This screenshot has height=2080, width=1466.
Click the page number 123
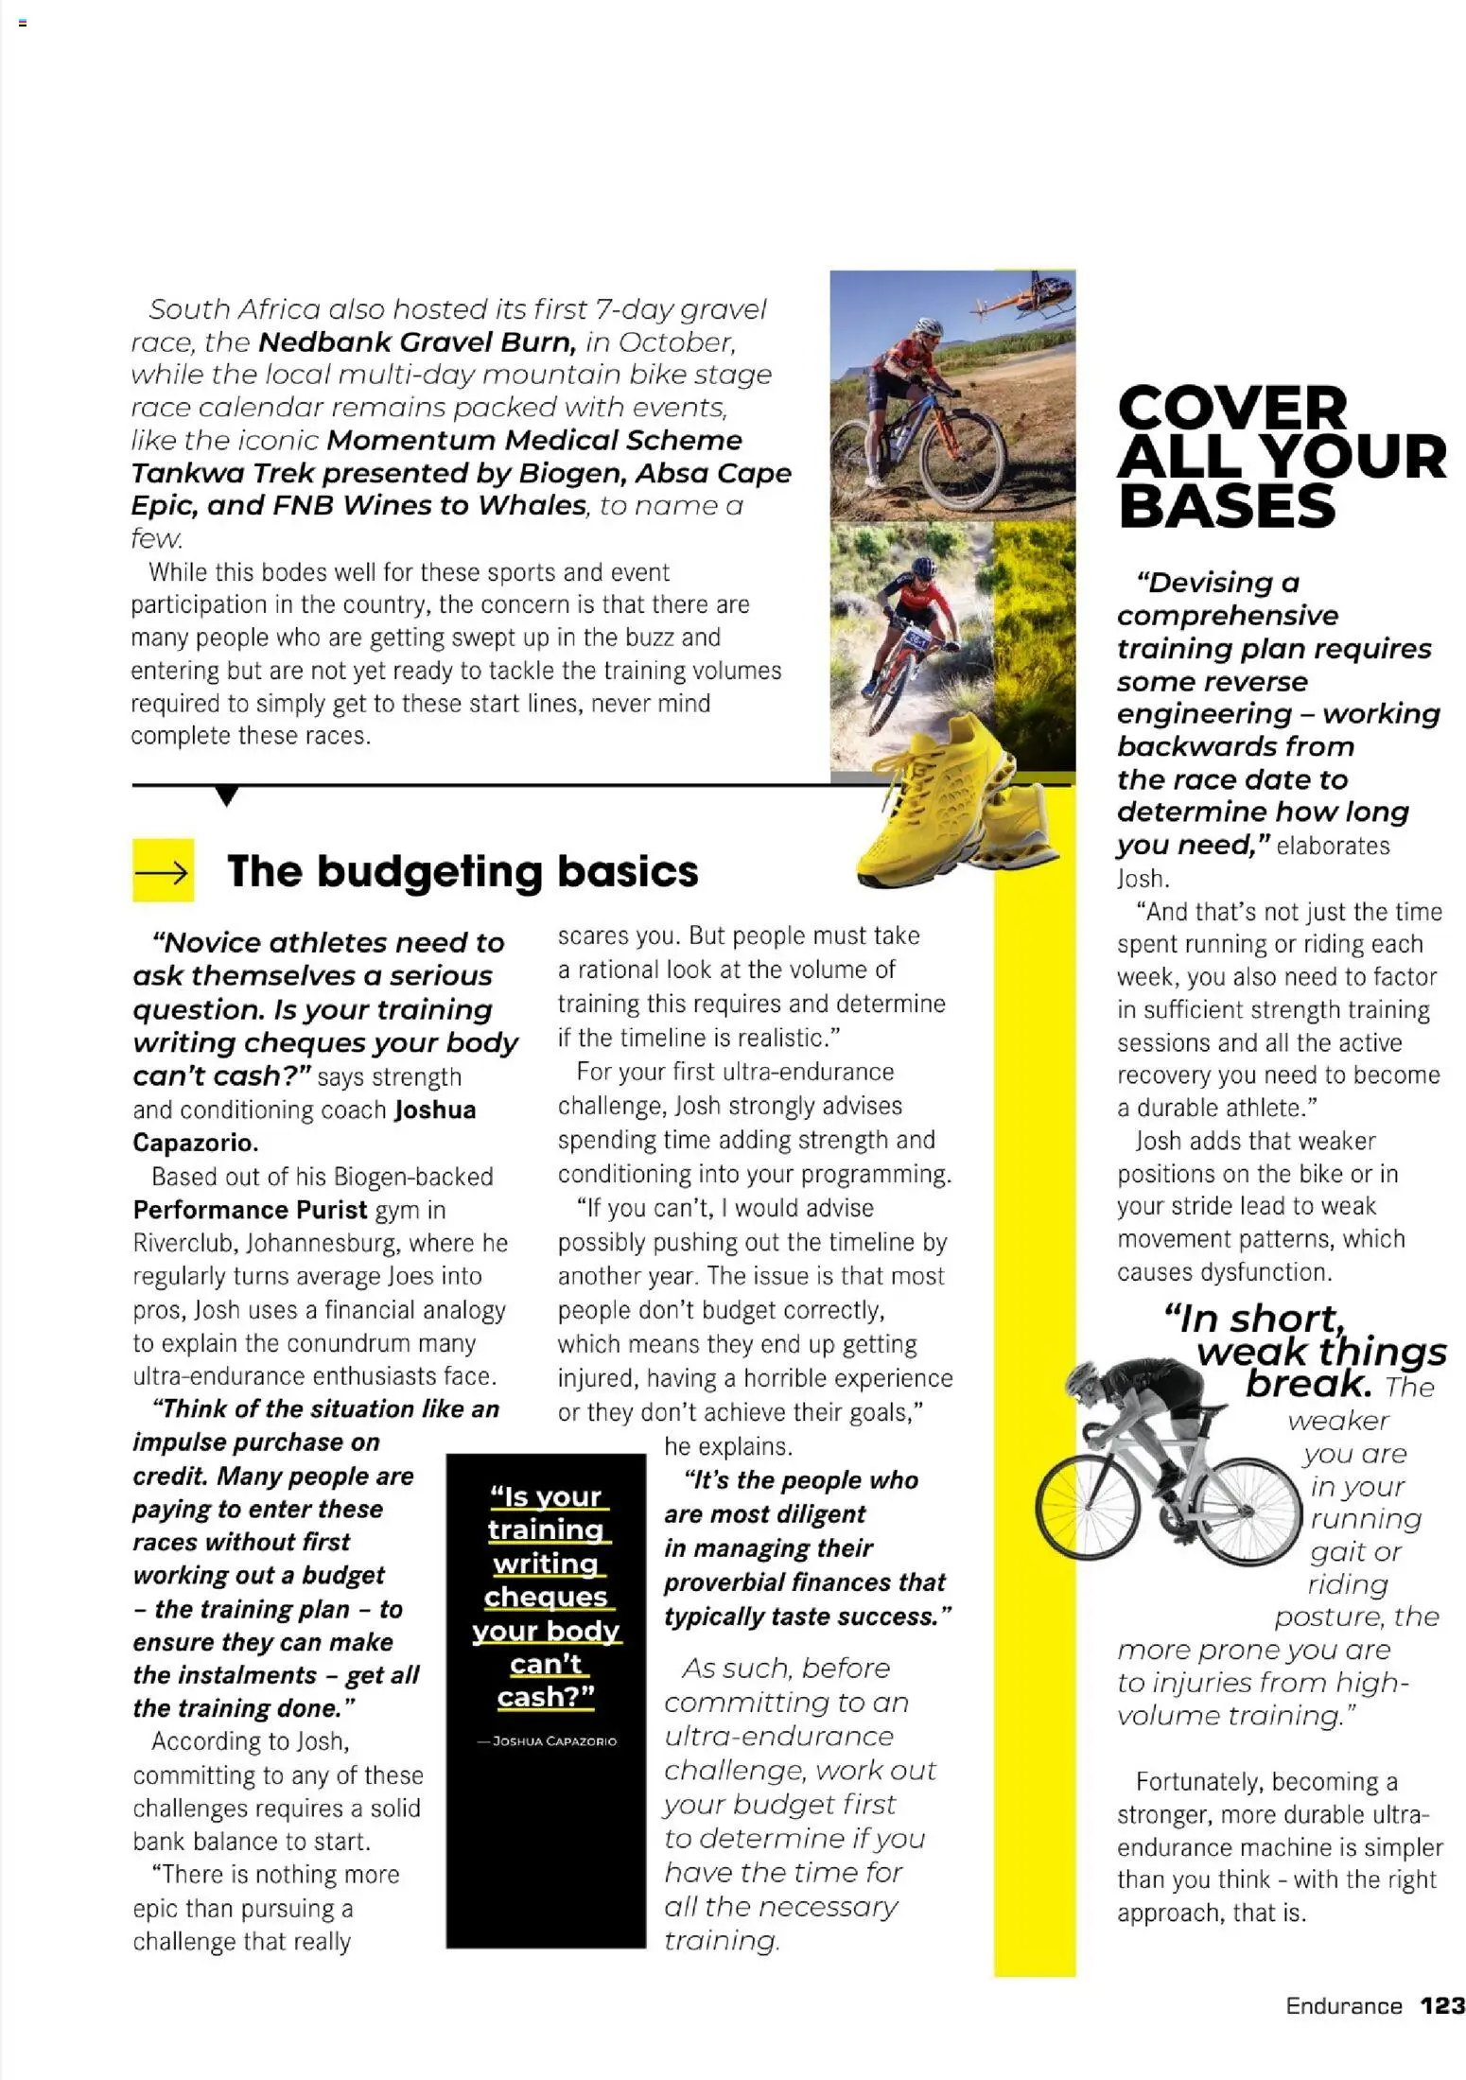1441,2005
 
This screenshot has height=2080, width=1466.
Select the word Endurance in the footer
1343,2006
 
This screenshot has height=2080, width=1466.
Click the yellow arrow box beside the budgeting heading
163,870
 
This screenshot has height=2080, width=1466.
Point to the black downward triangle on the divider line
226,795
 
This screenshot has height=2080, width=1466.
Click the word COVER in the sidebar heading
1231,409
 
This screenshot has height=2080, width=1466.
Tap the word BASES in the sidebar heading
1227,506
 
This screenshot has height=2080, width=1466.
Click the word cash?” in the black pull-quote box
546,1697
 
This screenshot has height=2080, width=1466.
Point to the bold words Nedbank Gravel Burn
416,341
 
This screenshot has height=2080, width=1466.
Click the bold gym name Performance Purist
250,1210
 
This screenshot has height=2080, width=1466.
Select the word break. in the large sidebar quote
1308,1384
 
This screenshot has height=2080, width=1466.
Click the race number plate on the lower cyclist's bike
916,638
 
